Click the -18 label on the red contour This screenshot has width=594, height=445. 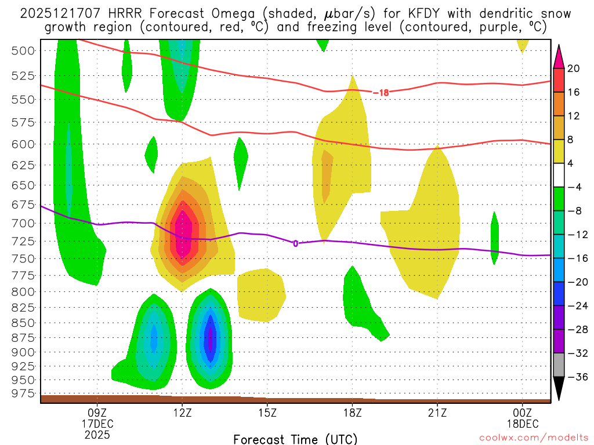click(380, 92)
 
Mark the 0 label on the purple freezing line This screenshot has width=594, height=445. click(295, 243)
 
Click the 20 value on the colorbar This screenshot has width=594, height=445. click(574, 68)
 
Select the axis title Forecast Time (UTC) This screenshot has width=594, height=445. click(295, 439)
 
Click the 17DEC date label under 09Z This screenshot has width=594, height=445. click(97, 423)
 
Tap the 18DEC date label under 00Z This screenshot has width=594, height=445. click(523, 423)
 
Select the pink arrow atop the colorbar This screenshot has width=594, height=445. click(559, 55)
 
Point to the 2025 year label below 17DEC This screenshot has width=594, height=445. click(97, 434)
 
